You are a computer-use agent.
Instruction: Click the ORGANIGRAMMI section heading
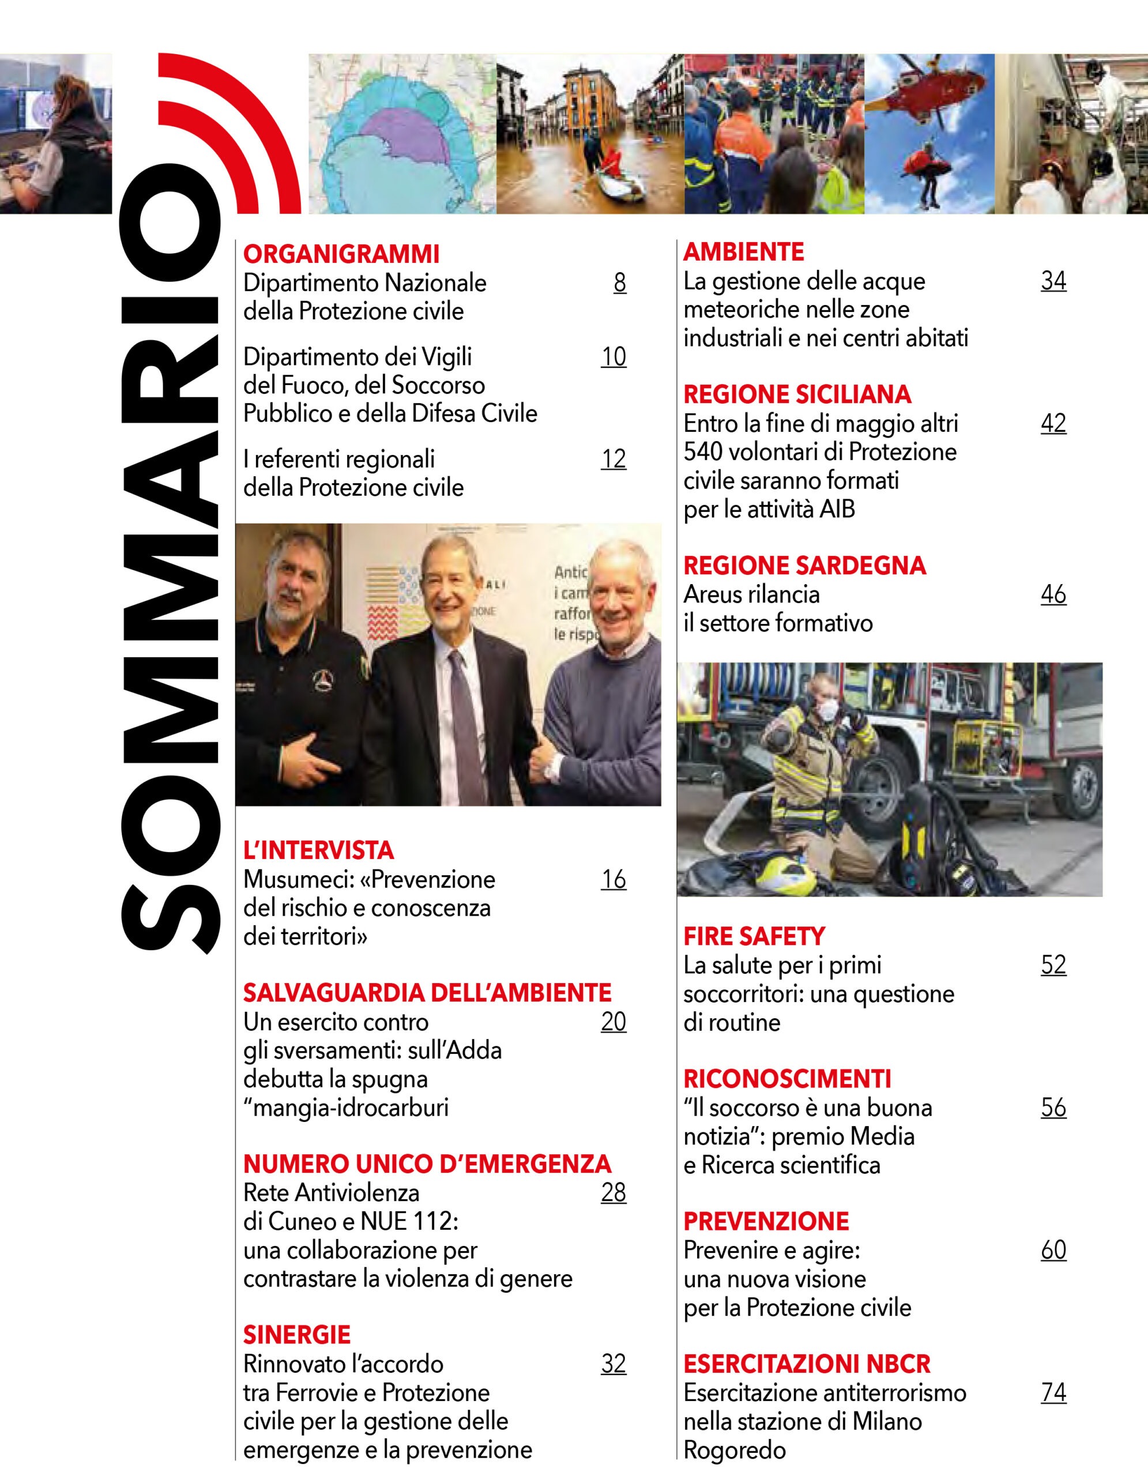point(341,254)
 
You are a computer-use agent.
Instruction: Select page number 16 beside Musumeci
point(613,879)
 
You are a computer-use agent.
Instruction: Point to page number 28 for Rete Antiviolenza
point(613,1192)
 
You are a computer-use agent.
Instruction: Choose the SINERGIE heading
point(296,1335)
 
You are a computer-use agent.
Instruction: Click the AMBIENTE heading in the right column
point(743,252)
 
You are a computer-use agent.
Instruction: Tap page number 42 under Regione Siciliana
point(1053,423)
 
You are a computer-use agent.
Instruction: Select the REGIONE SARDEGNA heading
point(804,566)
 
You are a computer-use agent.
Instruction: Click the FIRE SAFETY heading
point(754,936)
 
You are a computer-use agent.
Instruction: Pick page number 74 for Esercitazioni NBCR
point(1053,1392)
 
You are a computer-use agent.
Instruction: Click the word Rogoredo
point(735,1449)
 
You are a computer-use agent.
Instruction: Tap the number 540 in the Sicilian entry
point(704,451)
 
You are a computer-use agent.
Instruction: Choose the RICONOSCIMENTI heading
point(787,1079)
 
